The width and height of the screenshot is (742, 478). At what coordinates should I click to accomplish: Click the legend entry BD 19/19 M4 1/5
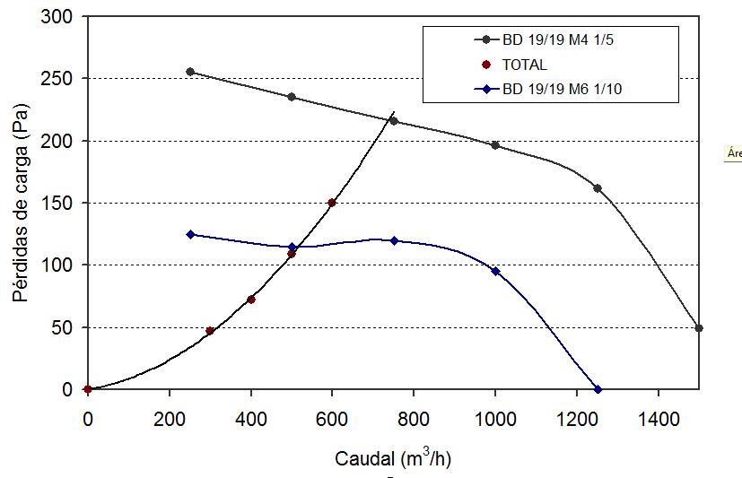(x=548, y=39)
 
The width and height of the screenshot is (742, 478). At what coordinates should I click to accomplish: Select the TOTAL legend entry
(x=524, y=65)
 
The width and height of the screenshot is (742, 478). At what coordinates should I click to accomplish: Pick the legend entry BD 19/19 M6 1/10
(x=552, y=89)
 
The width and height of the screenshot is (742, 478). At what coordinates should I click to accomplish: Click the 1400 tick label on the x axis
(x=659, y=417)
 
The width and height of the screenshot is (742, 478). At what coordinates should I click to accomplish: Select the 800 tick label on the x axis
(x=414, y=417)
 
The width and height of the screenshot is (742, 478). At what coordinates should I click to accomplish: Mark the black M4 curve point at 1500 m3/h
(x=699, y=328)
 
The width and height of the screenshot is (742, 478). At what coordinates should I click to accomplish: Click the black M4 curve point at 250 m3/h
(x=189, y=72)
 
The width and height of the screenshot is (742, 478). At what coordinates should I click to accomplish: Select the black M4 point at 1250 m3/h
(x=598, y=188)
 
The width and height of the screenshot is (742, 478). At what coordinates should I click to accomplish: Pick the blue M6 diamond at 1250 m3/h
(x=598, y=389)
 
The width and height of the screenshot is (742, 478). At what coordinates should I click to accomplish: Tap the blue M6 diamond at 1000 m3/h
(x=495, y=271)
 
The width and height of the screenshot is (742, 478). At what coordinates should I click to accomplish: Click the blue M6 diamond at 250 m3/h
(x=189, y=234)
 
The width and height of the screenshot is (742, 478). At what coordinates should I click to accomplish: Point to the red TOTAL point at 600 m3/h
(x=332, y=203)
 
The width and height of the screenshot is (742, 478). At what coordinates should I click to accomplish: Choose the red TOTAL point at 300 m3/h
(x=210, y=331)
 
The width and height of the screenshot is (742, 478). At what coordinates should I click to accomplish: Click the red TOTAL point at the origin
(x=87, y=389)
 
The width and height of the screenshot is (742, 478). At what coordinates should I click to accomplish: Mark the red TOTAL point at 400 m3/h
(x=251, y=300)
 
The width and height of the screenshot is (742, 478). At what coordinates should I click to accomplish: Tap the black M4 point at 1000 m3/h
(x=495, y=145)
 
